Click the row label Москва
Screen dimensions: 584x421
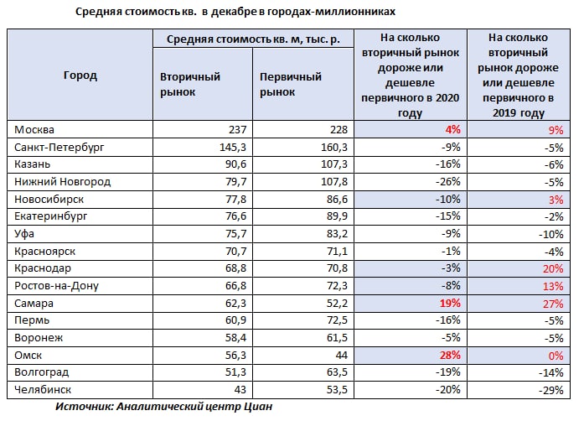[x=34, y=130]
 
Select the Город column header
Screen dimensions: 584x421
[x=80, y=75]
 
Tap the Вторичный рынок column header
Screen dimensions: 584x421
[x=190, y=84]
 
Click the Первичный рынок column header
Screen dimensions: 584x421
[x=291, y=84]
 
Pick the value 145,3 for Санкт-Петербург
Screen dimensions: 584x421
[x=233, y=148]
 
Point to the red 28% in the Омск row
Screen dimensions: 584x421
[x=450, y=355]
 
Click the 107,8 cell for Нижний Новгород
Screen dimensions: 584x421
[x=334, y=182]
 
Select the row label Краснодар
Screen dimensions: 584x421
[x=43, y=268]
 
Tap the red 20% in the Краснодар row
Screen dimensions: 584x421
[x=553, y=269]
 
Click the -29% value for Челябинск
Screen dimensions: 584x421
[x=550, y=391]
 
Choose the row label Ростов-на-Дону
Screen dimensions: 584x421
[x=56, y=286]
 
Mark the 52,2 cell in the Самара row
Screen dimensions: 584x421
[x=337, y=304]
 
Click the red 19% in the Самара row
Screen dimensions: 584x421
[x=450, y=303]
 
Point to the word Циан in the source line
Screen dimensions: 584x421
[x=258, y=406]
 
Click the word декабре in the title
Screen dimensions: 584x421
[x=234, y=12]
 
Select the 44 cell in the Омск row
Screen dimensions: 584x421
[x=342, y=356]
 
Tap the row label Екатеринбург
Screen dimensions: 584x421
[x=50, y=216]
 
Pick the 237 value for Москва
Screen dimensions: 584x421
[x=238, y=130]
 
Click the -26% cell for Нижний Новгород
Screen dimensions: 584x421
[x=448, y=182]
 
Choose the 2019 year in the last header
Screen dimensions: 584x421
[x=504, y=113]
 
